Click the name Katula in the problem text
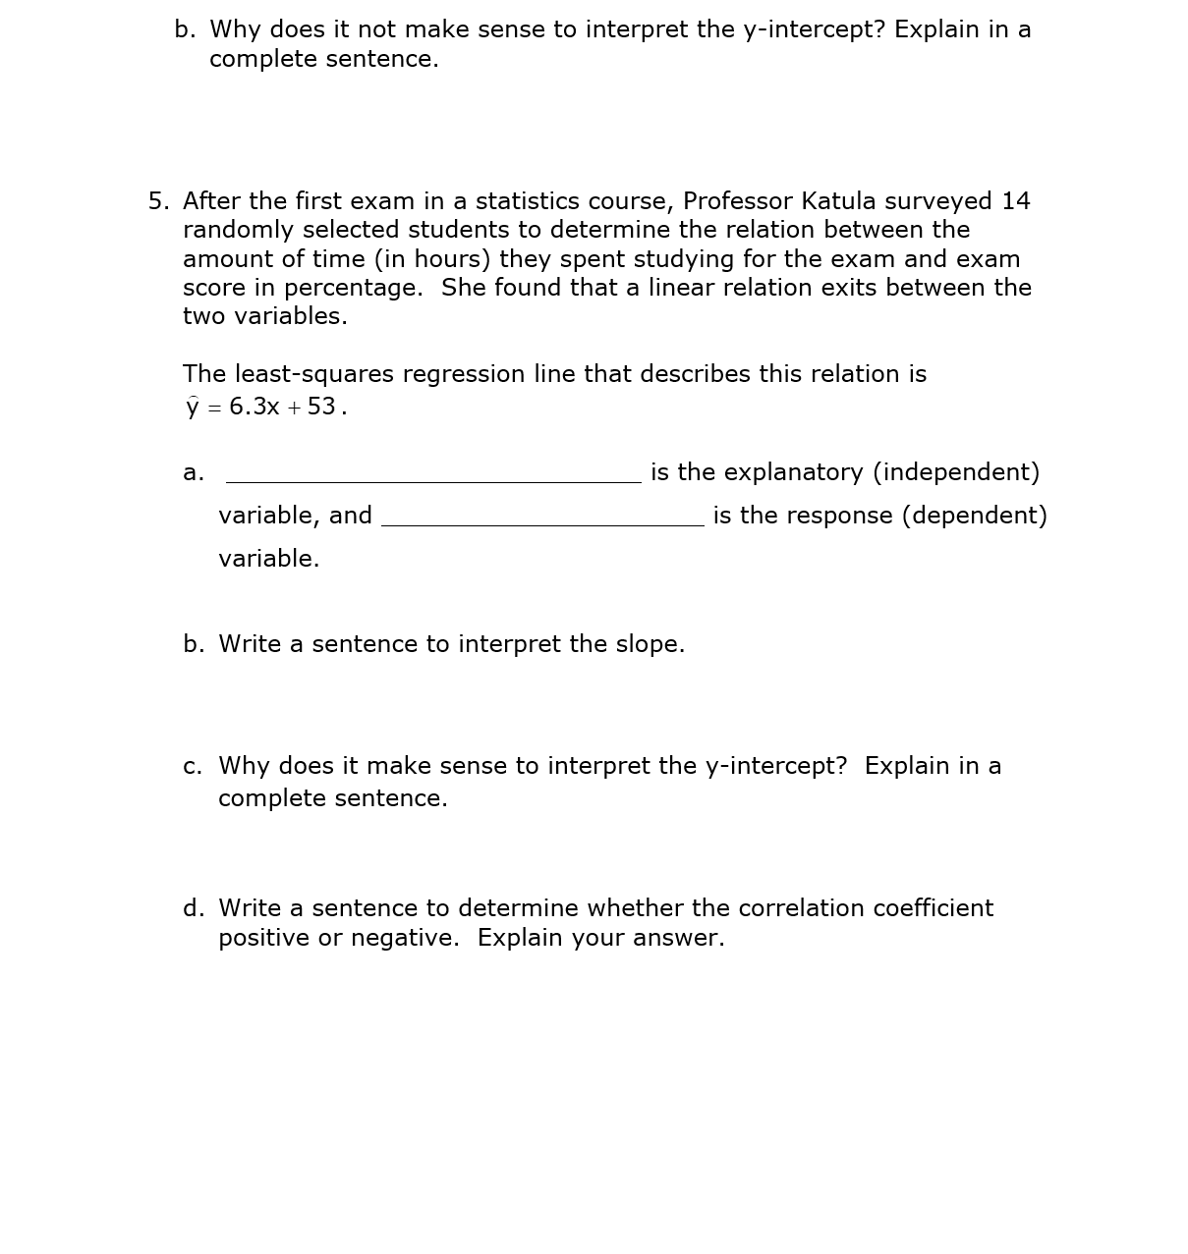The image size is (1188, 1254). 838,201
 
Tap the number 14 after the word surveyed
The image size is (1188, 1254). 1015,201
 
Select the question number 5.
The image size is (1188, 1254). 157,201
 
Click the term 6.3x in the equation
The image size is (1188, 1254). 255,407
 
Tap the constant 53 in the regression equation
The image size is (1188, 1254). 321,407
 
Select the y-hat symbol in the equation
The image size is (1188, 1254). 193,407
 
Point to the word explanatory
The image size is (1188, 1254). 771,472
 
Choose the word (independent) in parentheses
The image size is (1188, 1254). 956,472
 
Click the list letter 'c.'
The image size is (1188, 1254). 193,766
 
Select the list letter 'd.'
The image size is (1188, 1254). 194,908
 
